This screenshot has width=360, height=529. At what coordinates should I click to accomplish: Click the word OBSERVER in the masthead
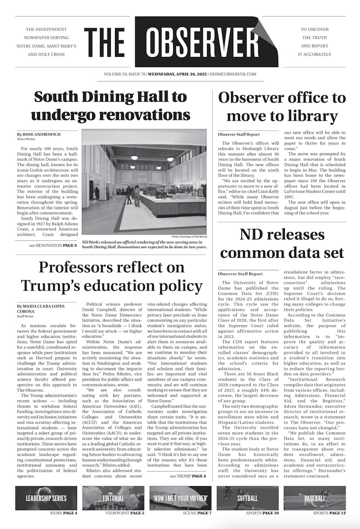tap(200, 42)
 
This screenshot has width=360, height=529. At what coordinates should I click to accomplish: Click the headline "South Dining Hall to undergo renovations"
tap(110, 106)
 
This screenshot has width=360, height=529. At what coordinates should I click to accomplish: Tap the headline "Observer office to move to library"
tap(282, 107)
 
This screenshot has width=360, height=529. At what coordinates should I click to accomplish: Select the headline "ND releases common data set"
tap(282, 243)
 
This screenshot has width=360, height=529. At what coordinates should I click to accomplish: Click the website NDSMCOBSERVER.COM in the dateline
tap(233, 74)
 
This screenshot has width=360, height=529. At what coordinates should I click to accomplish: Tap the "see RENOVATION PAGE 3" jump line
tap(53, 246)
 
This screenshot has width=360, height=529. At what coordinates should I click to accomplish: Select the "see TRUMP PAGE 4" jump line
tap(188, 476)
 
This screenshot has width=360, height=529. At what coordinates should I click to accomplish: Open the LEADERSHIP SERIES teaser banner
tap(46, 498)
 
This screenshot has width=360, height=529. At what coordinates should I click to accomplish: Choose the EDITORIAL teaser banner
tap(113, 498)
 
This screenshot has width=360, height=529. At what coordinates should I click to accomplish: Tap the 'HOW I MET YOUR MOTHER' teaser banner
tap(180, 498)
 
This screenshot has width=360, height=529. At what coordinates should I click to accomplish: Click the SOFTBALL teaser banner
tap(247, 498)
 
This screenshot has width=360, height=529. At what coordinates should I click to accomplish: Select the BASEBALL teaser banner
tap(315, 498)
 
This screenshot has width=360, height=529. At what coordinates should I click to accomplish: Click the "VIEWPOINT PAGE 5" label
tap(125, 513)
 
